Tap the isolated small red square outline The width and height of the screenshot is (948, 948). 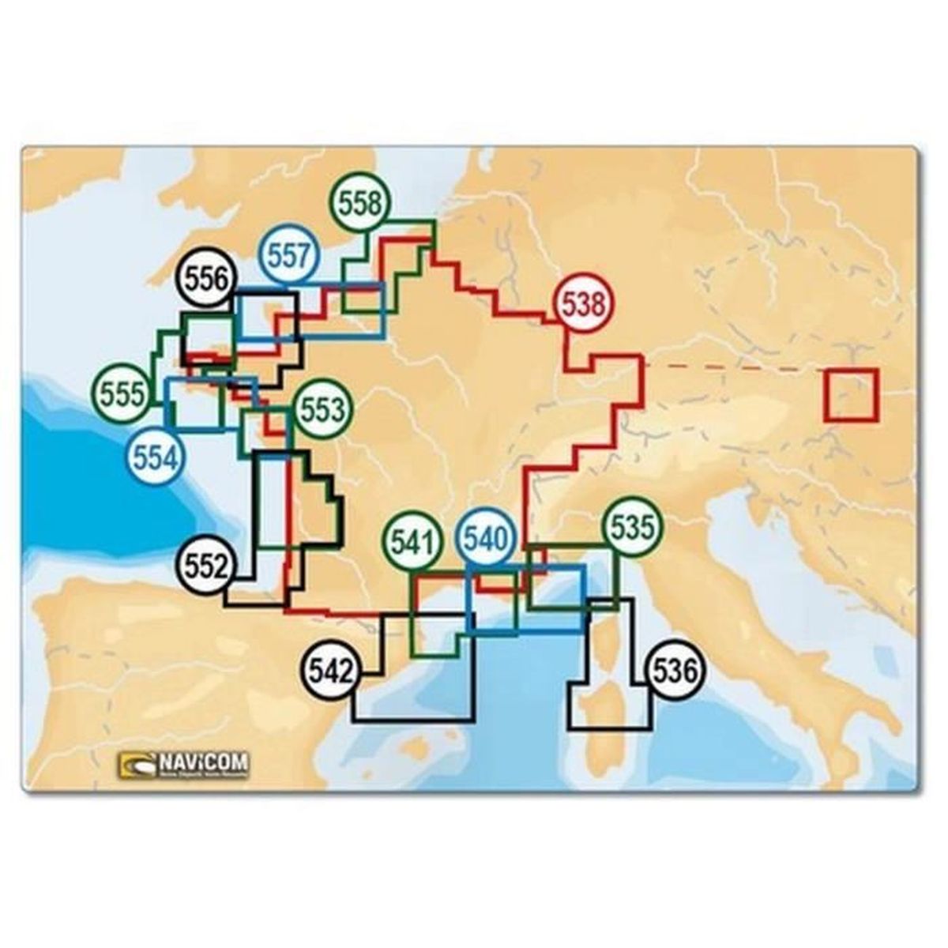(x=851, y=394)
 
